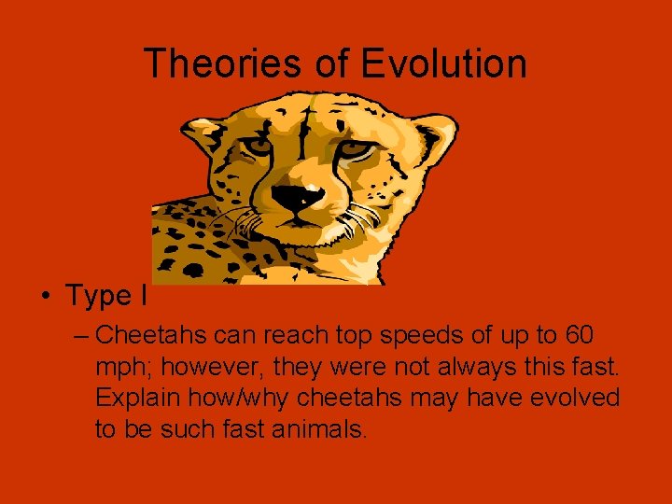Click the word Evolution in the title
(x=443, y=64)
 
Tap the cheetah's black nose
(x=298, y=197)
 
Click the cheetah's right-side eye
(x=353, y=148)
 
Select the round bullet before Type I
(x=45, y=297)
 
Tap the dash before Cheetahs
(x=80, y=334)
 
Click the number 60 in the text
(x=578, y=334)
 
